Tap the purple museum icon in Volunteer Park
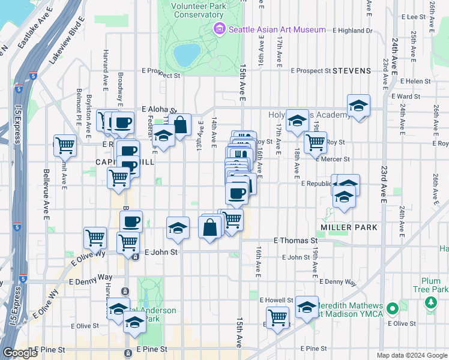point(219,29)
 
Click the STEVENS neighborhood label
point(352,71)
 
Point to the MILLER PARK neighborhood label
point(349,227)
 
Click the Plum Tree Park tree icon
point(430,303)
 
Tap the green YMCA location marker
point(393,309)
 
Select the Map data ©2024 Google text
point(412,355)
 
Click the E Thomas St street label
point(295,241)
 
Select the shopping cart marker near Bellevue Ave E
point(65,145)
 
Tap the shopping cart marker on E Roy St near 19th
point(315,142)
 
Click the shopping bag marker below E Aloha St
point(179,125)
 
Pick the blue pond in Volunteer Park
point(187,54)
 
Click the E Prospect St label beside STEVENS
point(311,71)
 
